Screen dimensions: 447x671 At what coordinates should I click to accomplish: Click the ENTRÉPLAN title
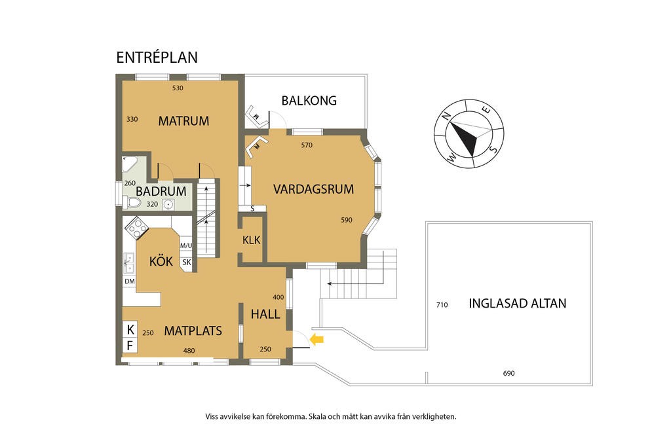[157, 58]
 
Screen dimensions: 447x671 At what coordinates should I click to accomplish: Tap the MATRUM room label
[183, 121]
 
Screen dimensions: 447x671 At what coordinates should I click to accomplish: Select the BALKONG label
[309, 101]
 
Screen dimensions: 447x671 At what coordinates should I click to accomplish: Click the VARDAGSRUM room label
[313, 189]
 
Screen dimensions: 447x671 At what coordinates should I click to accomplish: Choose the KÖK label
[161, 261]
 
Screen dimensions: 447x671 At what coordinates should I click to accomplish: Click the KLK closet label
[251, 240]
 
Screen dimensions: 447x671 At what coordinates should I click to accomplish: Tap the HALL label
[265, 314]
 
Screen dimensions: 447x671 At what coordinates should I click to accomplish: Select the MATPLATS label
[193, 331]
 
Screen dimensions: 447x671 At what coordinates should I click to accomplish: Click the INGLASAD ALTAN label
[517, 303]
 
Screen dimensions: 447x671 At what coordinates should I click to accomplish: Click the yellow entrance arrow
[316, 339]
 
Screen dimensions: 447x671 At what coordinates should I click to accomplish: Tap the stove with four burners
[138, 227]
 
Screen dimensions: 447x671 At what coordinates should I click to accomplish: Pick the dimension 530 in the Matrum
[178, 88]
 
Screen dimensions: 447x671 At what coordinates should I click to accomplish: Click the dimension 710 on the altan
[442, 305]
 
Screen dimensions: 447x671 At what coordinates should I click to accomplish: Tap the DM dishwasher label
[129, 281]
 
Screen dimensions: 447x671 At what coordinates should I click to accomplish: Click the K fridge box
[130, 329]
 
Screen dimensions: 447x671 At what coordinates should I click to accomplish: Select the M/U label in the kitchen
[186, 246]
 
